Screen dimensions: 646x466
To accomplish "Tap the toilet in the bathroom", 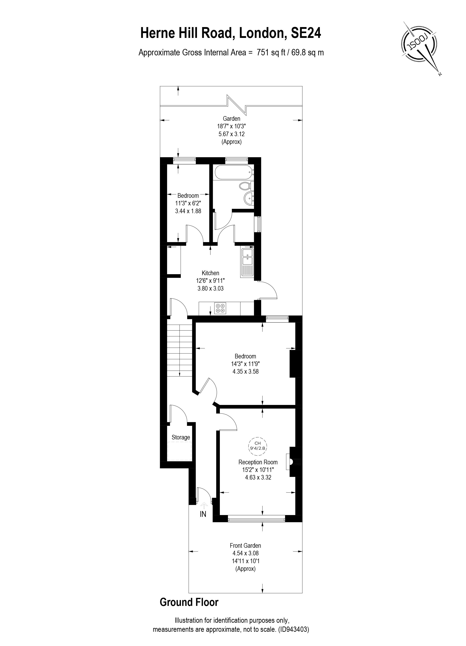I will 245,186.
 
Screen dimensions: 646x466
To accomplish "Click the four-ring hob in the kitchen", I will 220,308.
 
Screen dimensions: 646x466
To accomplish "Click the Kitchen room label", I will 210,273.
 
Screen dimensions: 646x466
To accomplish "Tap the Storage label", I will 181,437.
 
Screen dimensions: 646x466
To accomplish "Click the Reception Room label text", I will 258,462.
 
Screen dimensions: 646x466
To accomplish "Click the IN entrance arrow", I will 204,505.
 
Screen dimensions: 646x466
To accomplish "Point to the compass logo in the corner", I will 419,46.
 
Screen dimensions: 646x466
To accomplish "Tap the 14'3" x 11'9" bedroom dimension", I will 245,364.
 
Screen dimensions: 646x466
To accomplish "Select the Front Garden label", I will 245,546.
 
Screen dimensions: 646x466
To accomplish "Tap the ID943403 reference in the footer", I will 293,629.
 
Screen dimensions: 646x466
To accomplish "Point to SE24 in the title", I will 306,33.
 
